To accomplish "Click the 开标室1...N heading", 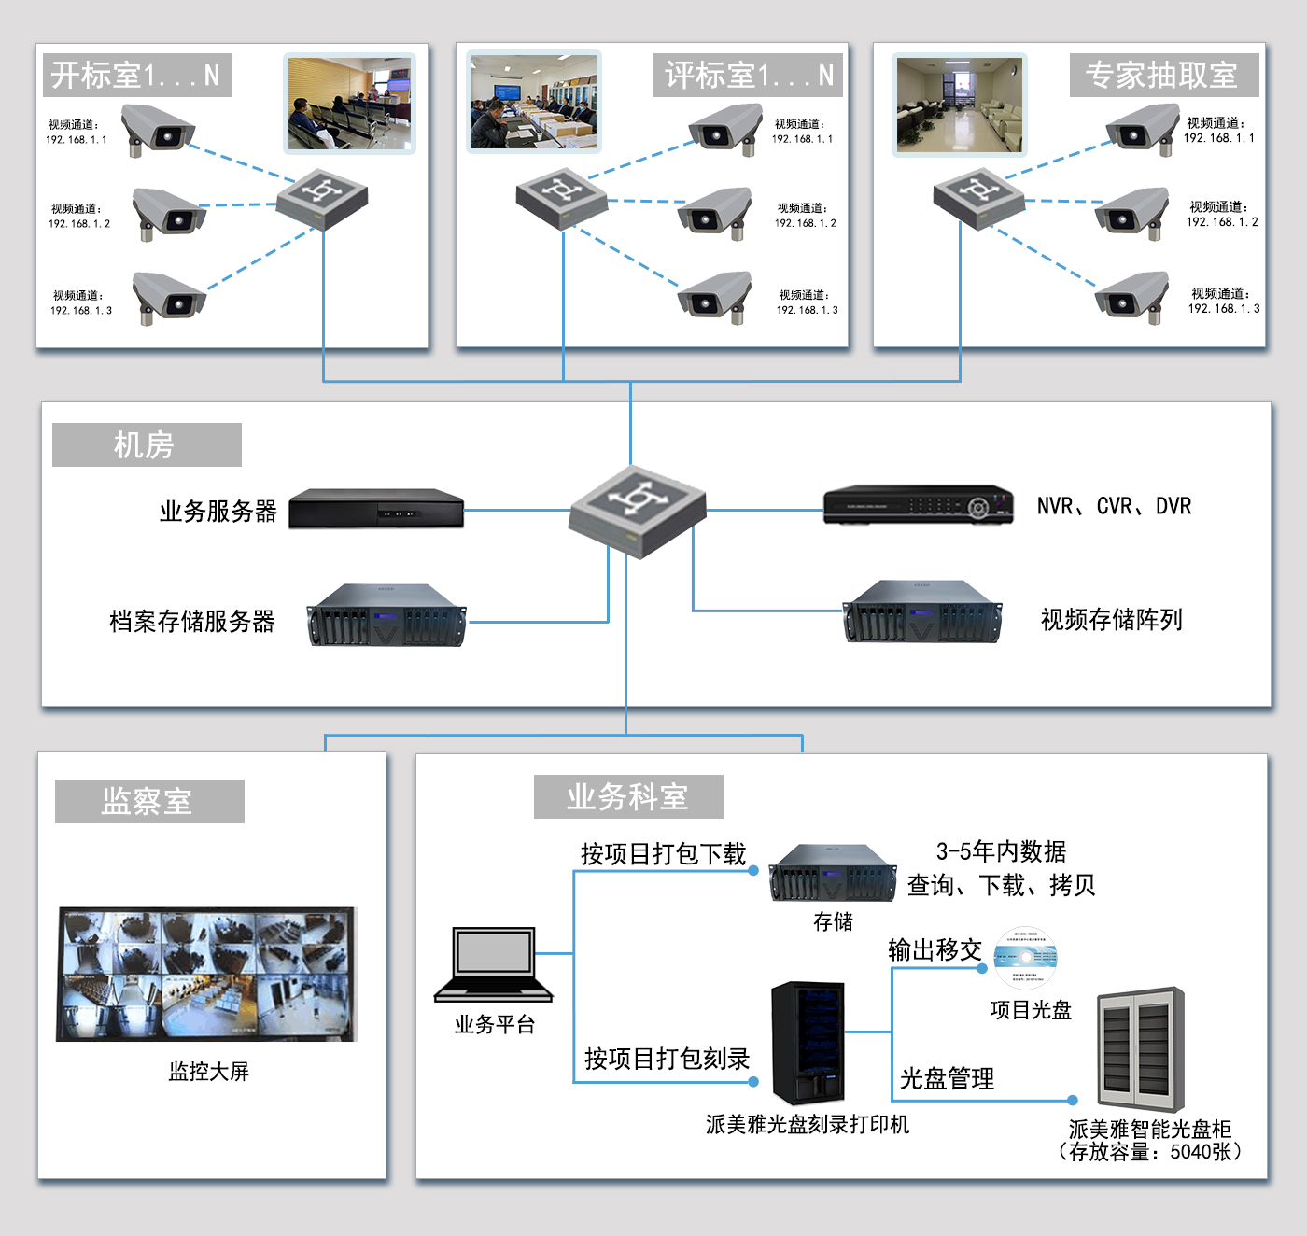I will click(136, 76).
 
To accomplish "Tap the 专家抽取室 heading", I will click(1163, 76).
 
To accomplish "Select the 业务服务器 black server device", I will click(376, 509).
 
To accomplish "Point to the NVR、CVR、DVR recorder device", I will click(918, 505).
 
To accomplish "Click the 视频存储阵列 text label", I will click(1111, 619).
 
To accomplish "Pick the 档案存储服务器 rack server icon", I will click(386, 615).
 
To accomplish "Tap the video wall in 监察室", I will click(206, 974).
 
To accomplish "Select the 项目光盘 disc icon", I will click(1025, 958).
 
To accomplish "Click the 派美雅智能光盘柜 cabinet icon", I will click(1141, 1049).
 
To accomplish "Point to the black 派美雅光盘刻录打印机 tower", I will click(808, 1042).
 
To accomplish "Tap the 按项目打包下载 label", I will click(663, 853).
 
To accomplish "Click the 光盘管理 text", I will click(947, 1078).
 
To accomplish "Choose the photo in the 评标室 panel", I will click(534, 102).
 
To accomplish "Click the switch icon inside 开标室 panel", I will click(322, 198).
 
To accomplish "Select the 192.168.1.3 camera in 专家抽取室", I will click(1131, 297).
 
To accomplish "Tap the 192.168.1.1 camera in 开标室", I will click(158, 129).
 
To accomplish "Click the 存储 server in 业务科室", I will click(833, 873).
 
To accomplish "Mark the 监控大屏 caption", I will click(208, 1071).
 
